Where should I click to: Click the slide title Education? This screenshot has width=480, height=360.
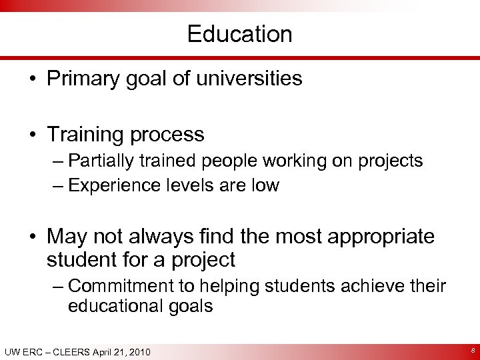click(240, 34)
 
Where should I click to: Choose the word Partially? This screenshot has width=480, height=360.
click(100, 161)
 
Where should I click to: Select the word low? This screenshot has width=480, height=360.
click(265, 185)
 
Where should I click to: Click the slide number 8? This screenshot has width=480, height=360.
click(471, 351)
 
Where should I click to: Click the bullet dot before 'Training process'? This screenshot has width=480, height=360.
click(33, 135)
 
